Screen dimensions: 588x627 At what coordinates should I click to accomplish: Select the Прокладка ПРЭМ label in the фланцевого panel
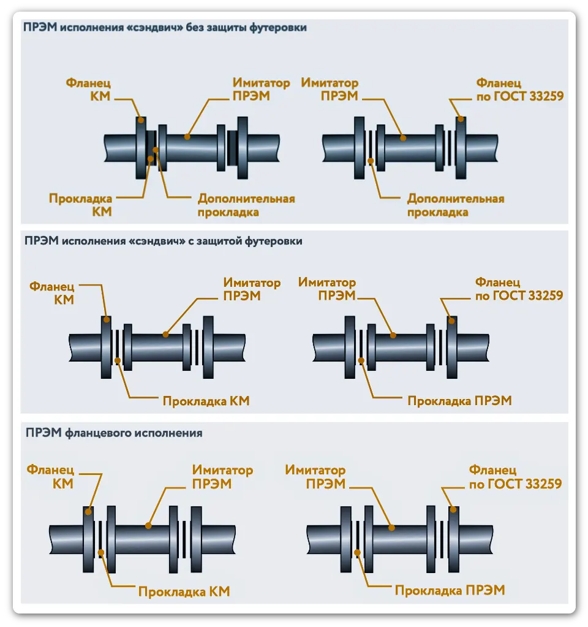tap(450, 590)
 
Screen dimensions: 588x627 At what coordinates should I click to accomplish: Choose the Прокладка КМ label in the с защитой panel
tap(206, 401)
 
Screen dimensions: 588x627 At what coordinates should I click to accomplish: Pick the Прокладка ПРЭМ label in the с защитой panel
tap(460, 401)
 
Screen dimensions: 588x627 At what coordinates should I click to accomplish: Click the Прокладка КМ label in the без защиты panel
tap(81, 205)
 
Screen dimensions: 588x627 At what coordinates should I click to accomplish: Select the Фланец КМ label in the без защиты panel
tap(89, 89)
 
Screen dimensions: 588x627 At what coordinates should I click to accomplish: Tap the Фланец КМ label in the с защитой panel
tap(52, 293)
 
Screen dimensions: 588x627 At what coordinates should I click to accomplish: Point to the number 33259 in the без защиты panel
tap(546, 96)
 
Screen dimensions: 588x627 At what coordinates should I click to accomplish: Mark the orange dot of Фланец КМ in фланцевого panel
tap(88, 511)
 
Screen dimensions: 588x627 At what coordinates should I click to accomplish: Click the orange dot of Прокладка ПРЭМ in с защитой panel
tap(361, 360)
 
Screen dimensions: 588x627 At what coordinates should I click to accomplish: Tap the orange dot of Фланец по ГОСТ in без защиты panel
tap(461, 119)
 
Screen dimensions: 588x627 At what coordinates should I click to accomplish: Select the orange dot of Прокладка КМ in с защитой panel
tap(118, 360)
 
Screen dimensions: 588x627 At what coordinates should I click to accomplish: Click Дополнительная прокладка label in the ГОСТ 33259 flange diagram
tap(456, 205)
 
